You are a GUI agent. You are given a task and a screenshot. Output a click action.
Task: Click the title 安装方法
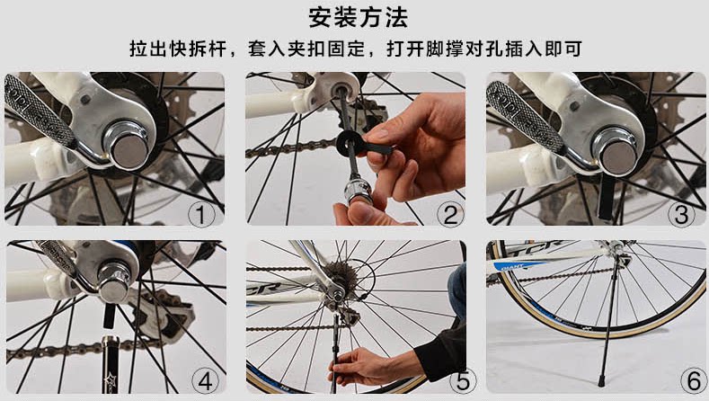point(359,17)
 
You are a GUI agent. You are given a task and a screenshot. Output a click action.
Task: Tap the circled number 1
point(201,214)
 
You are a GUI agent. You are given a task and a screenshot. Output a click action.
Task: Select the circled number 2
point(450,214)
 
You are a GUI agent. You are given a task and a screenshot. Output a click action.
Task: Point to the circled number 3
point(681,214)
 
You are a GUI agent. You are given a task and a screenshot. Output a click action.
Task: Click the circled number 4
point(205,380)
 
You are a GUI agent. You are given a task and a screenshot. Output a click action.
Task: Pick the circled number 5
point(463,380)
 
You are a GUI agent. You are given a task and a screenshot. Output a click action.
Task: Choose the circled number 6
point(694,380)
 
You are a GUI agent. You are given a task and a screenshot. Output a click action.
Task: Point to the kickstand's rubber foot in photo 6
point(601,380)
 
